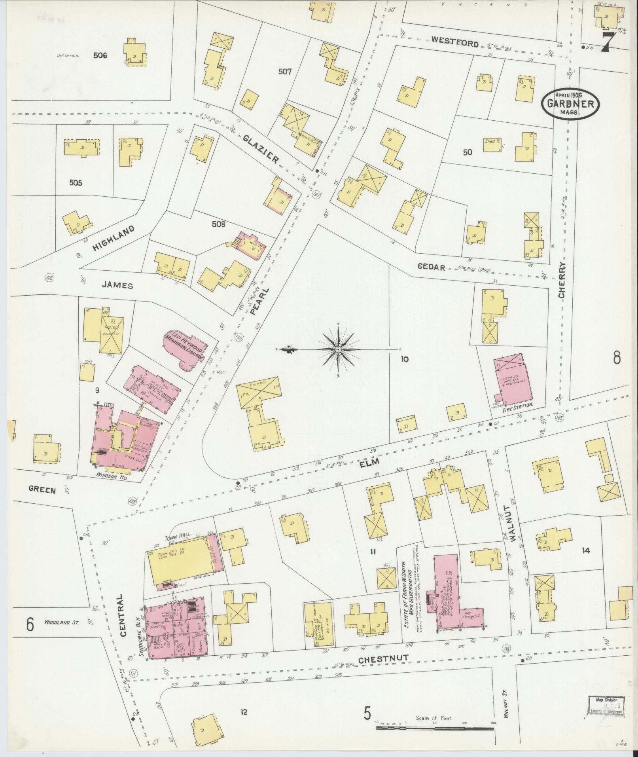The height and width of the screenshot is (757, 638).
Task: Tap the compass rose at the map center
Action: pyautogui.click(x=339, y=350)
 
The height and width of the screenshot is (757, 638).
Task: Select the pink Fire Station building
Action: pyautogui.click(x=513, y=381)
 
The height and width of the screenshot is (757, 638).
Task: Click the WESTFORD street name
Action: pyautogui.click(x=454, y=42)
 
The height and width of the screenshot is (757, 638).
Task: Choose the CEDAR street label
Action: pyautogui.click(x=432, y=268)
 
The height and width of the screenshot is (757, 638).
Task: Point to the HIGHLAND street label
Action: pyautogui.click(x=114, y=238)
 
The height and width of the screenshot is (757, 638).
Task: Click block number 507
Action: pyautogui.click(x=284, y=72)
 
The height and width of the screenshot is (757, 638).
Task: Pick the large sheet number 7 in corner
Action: pyautogui.click(x=609, y=42)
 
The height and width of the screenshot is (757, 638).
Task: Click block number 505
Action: pyautogui.click(x=76, y=183)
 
